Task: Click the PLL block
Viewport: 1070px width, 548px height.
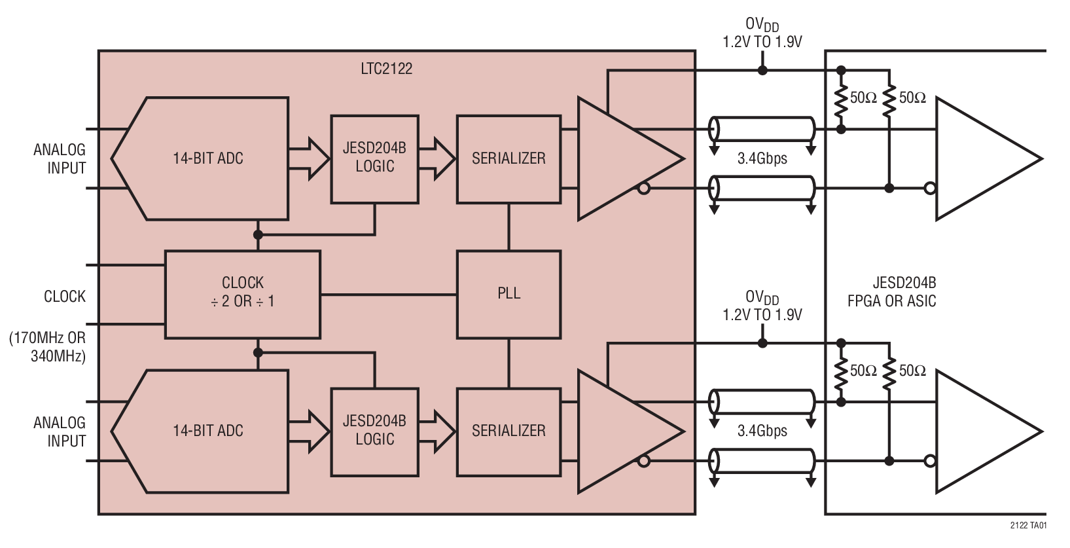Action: tap(508, 294)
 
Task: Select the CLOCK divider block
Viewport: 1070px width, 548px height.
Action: tap(242, 294)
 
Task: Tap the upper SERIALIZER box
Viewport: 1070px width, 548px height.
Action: tap(508, 159)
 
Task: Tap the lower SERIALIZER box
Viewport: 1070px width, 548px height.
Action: tap(508, 431)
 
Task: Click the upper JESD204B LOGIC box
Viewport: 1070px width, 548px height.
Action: tap(374, 159)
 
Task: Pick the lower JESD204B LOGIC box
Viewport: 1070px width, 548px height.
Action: tap(374, 431)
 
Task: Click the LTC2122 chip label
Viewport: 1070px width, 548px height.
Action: tap(386, 69)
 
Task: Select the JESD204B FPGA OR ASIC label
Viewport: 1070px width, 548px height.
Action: tap(891, 292)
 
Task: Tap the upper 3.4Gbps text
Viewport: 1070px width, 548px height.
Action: tap(762, 158)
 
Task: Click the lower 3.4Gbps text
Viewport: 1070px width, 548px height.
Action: tap(762, 431)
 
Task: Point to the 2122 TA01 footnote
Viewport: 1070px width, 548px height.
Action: tap(1028, 525)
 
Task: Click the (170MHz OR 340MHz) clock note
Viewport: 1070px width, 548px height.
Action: tap(47, 347)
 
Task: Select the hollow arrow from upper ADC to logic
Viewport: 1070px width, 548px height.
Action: tap(310, 158)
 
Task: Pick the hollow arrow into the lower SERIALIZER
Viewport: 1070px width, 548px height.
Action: tap(437, 431)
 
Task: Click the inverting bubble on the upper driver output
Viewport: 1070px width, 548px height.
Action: tap(644, 189)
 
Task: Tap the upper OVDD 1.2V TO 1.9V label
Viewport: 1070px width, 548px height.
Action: tap(762, 33)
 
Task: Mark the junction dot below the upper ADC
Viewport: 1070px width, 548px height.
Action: tap(258, 234)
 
